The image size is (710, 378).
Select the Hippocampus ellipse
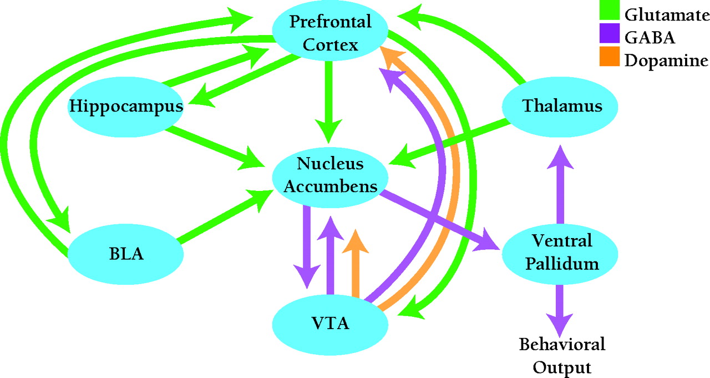tap(126, 106)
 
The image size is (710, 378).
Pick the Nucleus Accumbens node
tap(330, 175)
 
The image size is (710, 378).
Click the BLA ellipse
tap(126, 255)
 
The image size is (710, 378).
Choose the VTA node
tap(331, 322)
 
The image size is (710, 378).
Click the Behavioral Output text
tap(562, 355)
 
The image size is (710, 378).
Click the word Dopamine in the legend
tap(666, 60)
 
